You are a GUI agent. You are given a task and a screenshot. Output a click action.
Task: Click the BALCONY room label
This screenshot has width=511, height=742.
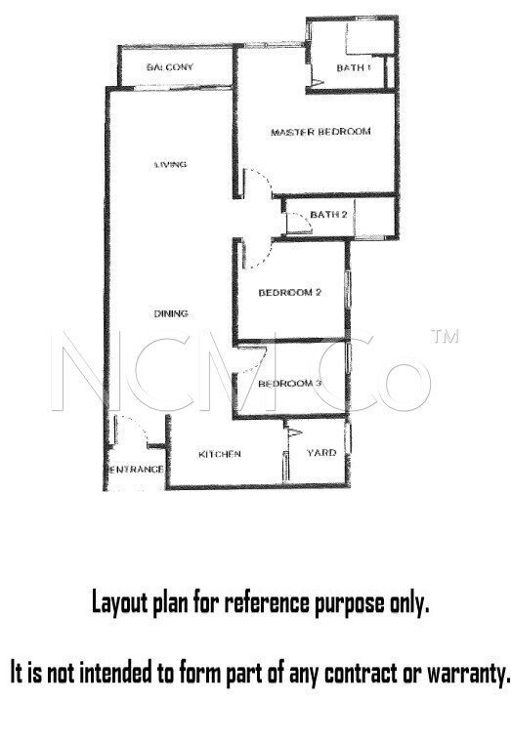pos(170,66)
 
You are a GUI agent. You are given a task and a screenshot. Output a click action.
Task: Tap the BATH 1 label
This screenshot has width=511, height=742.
pos(354,67)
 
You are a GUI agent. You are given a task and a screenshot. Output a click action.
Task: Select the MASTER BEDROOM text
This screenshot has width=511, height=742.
pos(320,132)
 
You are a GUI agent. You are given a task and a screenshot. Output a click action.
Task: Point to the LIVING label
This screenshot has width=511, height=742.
pos(170,165)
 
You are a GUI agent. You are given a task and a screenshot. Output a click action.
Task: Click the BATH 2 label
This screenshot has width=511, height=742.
pos(328,215)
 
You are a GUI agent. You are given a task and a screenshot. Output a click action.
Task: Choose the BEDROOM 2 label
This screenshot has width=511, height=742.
pos(290,293)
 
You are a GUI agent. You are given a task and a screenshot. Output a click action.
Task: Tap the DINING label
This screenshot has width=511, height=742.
pos(171,313)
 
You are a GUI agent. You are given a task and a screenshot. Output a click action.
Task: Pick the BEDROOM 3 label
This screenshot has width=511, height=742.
pos(289,383)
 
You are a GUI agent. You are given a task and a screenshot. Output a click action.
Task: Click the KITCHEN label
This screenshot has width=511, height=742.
pos(219,454)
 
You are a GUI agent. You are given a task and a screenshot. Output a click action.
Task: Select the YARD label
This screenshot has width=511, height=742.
pos(321,453)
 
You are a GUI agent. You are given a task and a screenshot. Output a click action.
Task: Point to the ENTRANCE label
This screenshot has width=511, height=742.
pos(137,470)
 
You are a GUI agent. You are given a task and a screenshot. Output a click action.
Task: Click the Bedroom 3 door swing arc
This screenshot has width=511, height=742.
pos(260,363)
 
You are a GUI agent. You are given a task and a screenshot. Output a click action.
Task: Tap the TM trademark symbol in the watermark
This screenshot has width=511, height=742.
pos(445,336)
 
